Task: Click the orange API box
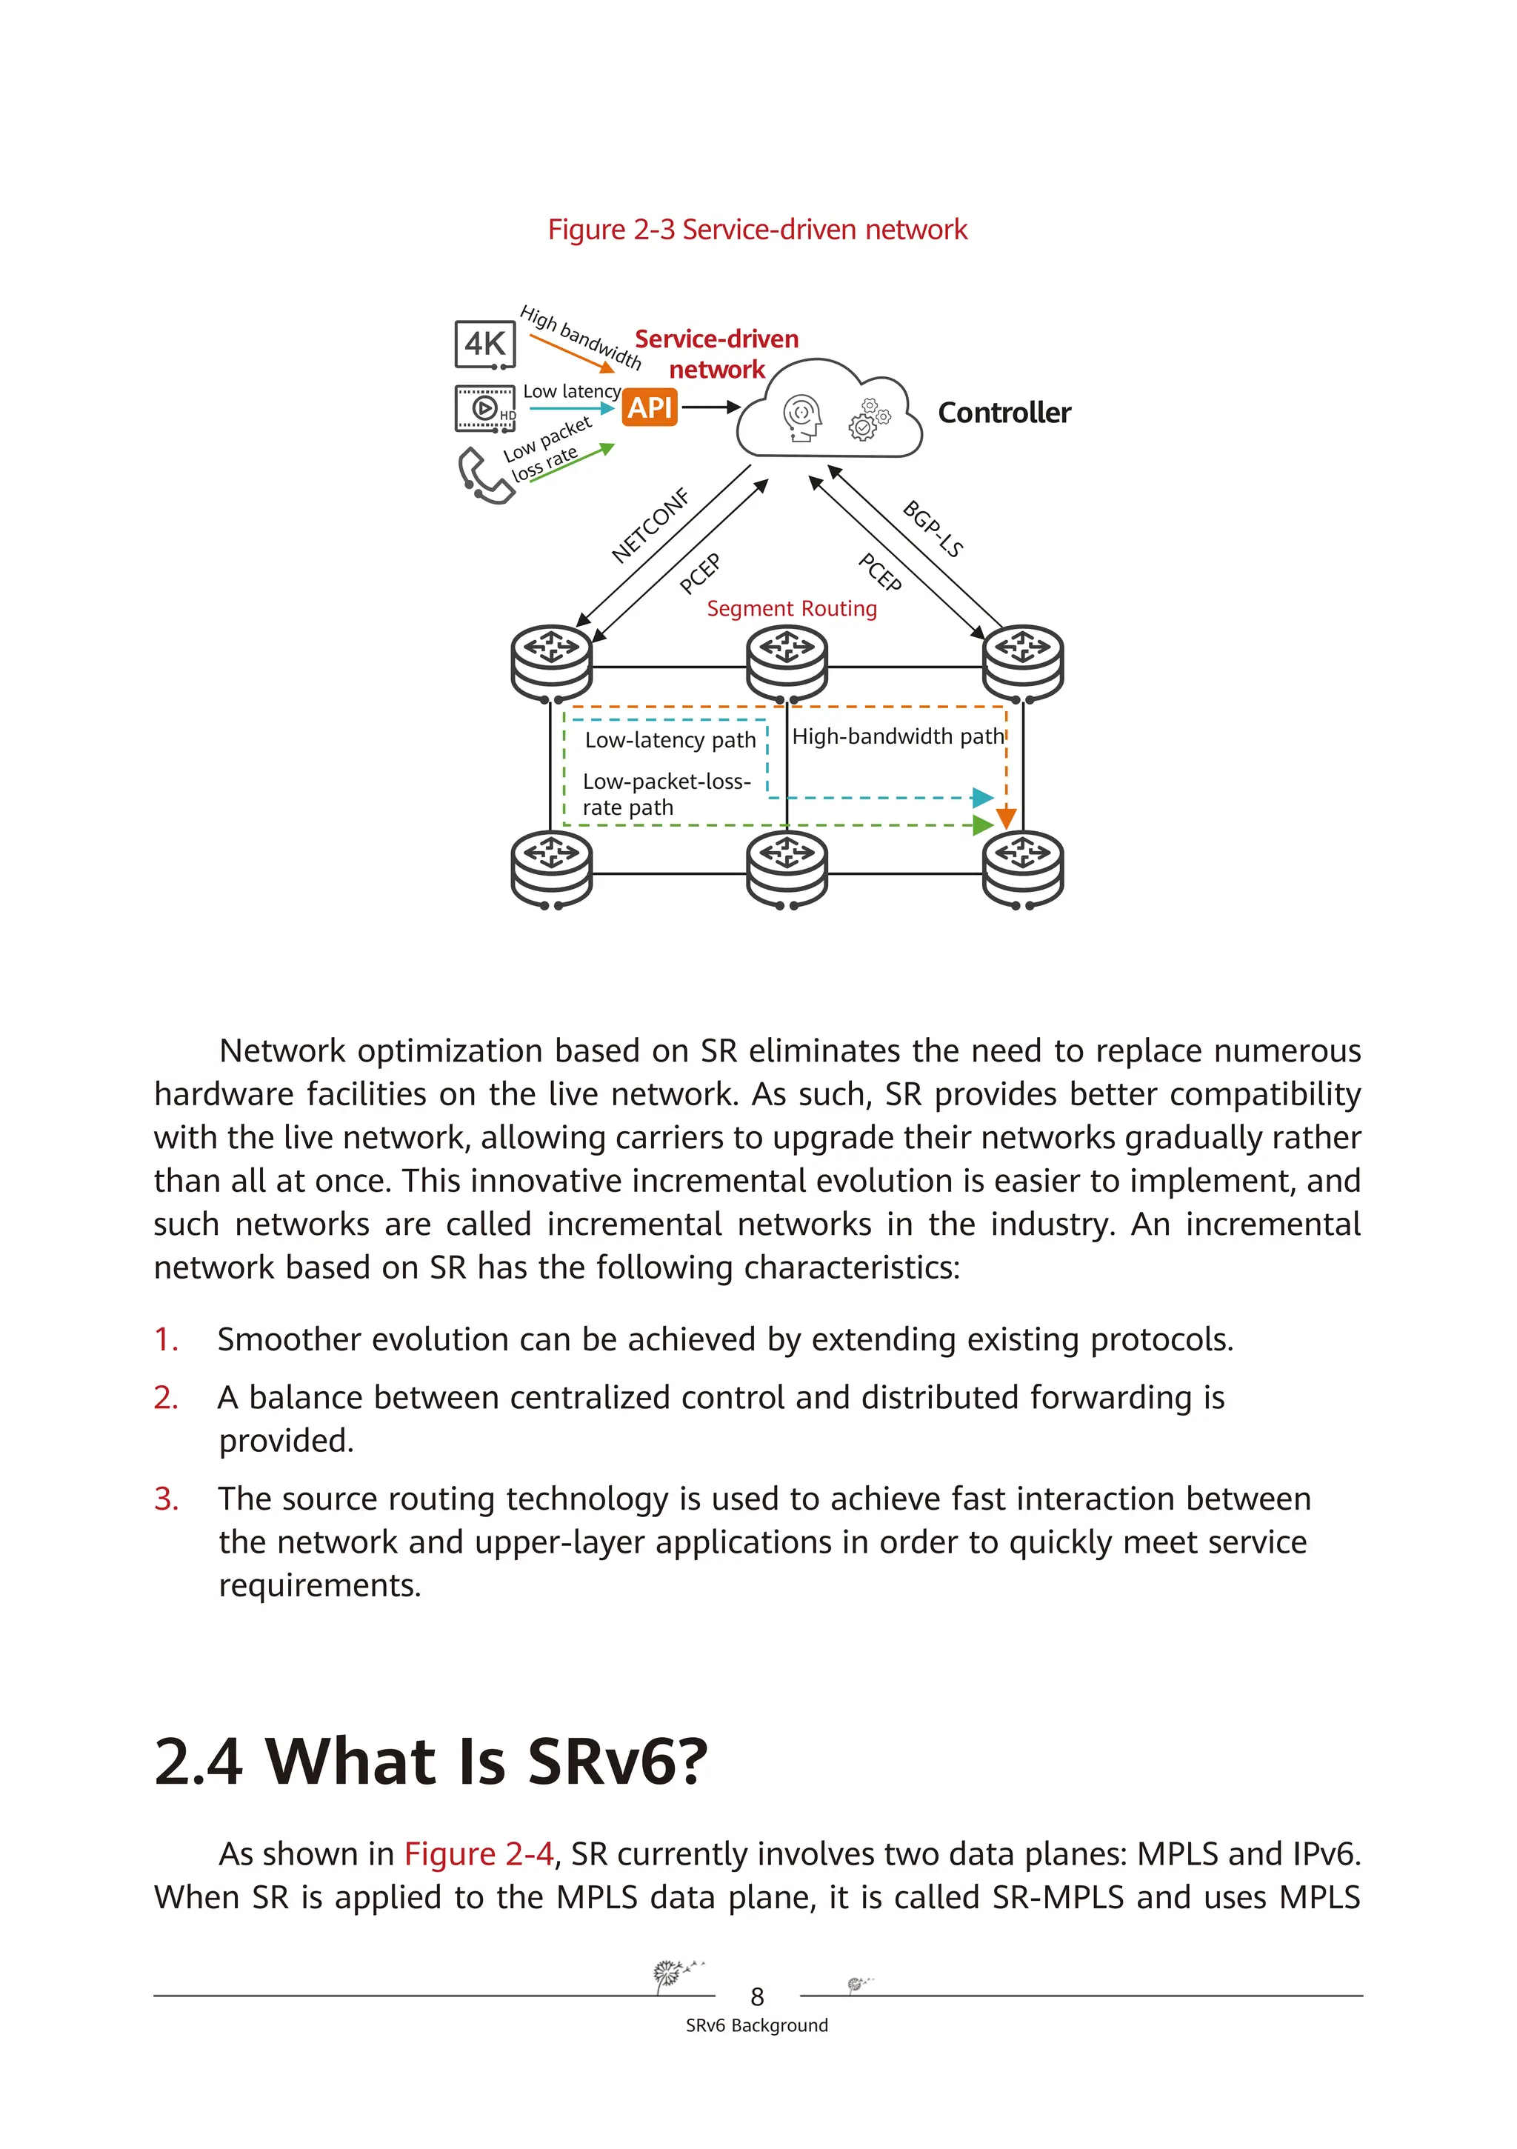click(x=650, y=407)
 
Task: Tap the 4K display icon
click(x=484, y=344)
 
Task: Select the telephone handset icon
click(x=484, y=476)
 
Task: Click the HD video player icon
click(x=484, y=408)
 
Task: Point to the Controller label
click(x=1004, y=413)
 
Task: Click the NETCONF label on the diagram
click(x=650, y=525)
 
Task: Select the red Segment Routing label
click(x=792, y=608)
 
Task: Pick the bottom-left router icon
click(x=552, y=869)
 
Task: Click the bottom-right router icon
click(x=1023, y=869)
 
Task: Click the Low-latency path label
click(x=670, y=740)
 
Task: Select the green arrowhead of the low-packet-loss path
click(x=983, y=825)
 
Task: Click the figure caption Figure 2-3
click(x=757, y=230)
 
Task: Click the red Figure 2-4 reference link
click(x=479, y=1853)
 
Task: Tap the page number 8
click(x=757, y=1997)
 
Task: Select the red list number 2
click(x=166, y=1397)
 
